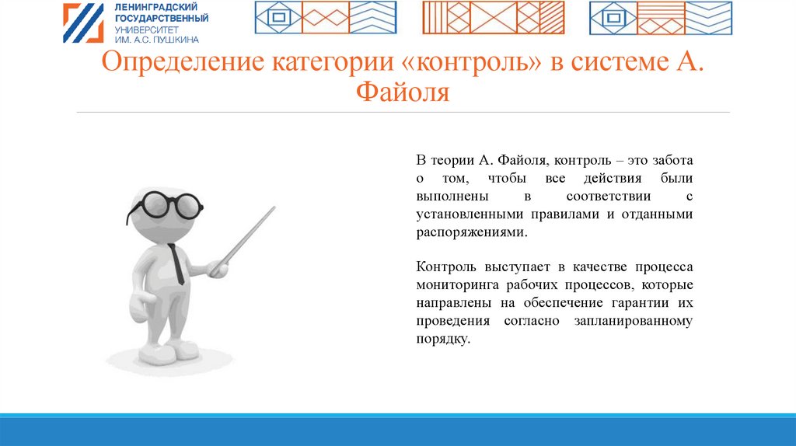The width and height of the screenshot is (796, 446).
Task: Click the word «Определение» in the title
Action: (183, 62)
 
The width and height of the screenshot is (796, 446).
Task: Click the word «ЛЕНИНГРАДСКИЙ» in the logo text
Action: (155, 7)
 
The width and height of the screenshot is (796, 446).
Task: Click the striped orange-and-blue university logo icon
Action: (83, 23)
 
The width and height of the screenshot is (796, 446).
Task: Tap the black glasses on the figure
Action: (165, 205)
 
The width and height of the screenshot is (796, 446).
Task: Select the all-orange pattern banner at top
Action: (494, 18)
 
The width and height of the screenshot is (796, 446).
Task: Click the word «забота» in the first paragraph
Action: (672, 160)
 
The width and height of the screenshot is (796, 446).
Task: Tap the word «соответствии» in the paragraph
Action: (608, 197)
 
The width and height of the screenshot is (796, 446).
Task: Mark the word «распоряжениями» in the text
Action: (471, 232)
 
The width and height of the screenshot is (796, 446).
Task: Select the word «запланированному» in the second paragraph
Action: (633, 321)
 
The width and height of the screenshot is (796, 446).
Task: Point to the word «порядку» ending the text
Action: (442, 340)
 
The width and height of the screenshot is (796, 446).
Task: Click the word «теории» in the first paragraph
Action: (452, 161)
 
